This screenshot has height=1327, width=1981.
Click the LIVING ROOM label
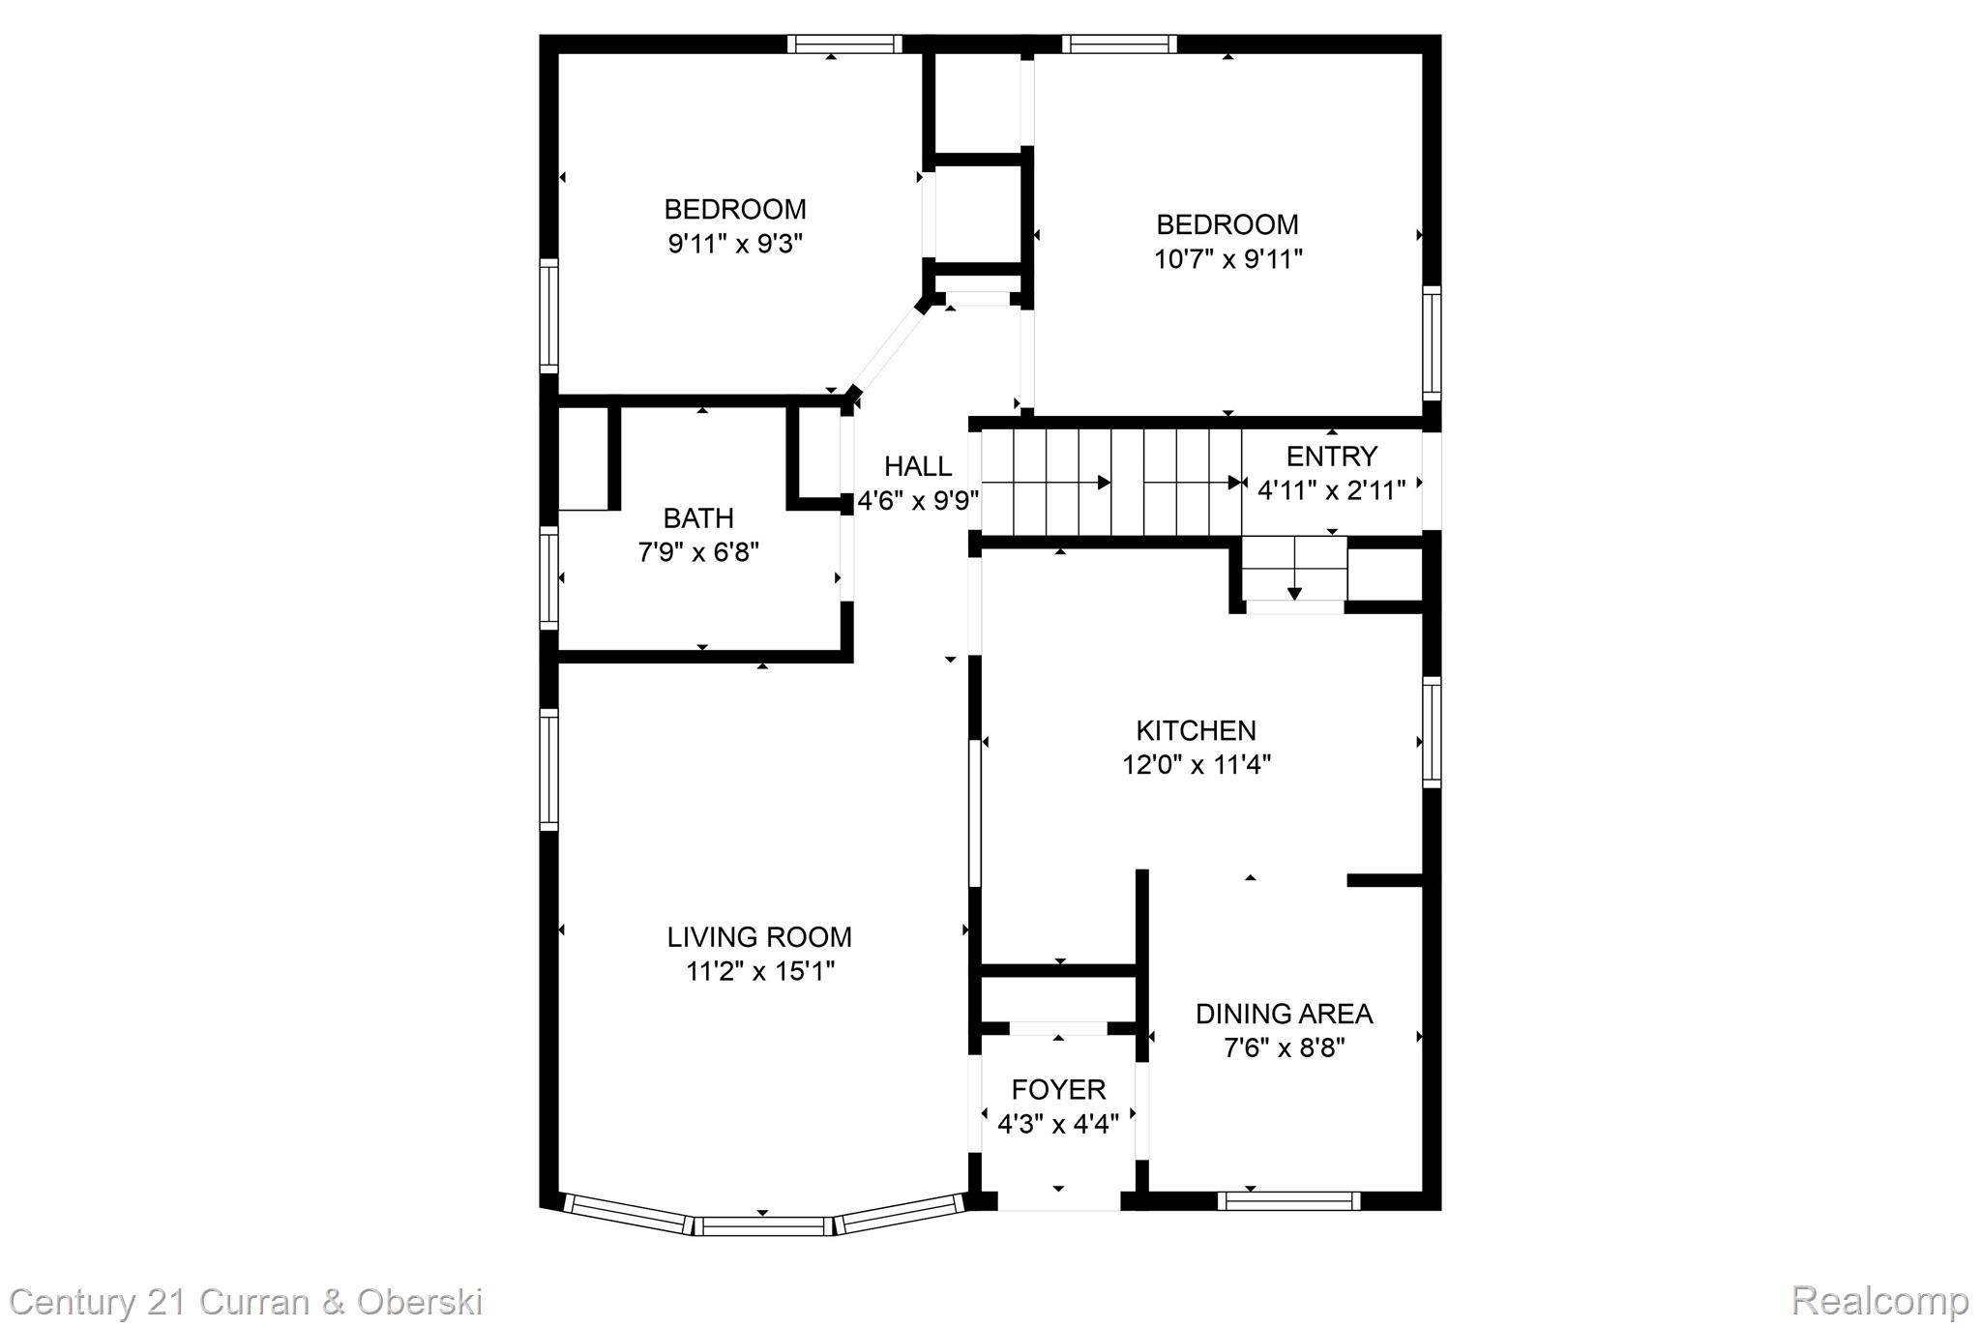[759, 936]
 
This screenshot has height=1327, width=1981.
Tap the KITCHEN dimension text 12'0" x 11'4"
[1196, 765]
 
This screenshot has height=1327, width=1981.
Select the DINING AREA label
[1284, 1014]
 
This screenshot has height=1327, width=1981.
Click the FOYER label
[1058, 1089]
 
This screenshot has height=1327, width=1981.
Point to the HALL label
[917, 466]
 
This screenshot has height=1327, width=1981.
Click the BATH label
[697, 518]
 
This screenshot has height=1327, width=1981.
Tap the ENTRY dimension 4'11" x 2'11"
[1331, 490]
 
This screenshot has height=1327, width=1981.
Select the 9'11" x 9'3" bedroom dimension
[735, 243]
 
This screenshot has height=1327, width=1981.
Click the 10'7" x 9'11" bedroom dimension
[1227, 259]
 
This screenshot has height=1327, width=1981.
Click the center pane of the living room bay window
[762, 1226]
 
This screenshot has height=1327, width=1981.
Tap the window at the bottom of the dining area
[1288, 1200]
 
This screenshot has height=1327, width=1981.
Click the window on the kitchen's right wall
[1431, 732]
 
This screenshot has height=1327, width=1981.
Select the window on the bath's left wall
[548, 577]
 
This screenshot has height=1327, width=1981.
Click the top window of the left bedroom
[843, 44]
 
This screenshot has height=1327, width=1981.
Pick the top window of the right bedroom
[1119, 44]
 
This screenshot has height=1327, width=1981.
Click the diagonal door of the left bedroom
[885, 348]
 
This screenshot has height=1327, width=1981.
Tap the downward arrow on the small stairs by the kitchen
[1294, 592]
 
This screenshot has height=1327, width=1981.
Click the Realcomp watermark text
[1879, 1301]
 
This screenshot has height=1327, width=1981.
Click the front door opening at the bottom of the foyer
[1058, 1200]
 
